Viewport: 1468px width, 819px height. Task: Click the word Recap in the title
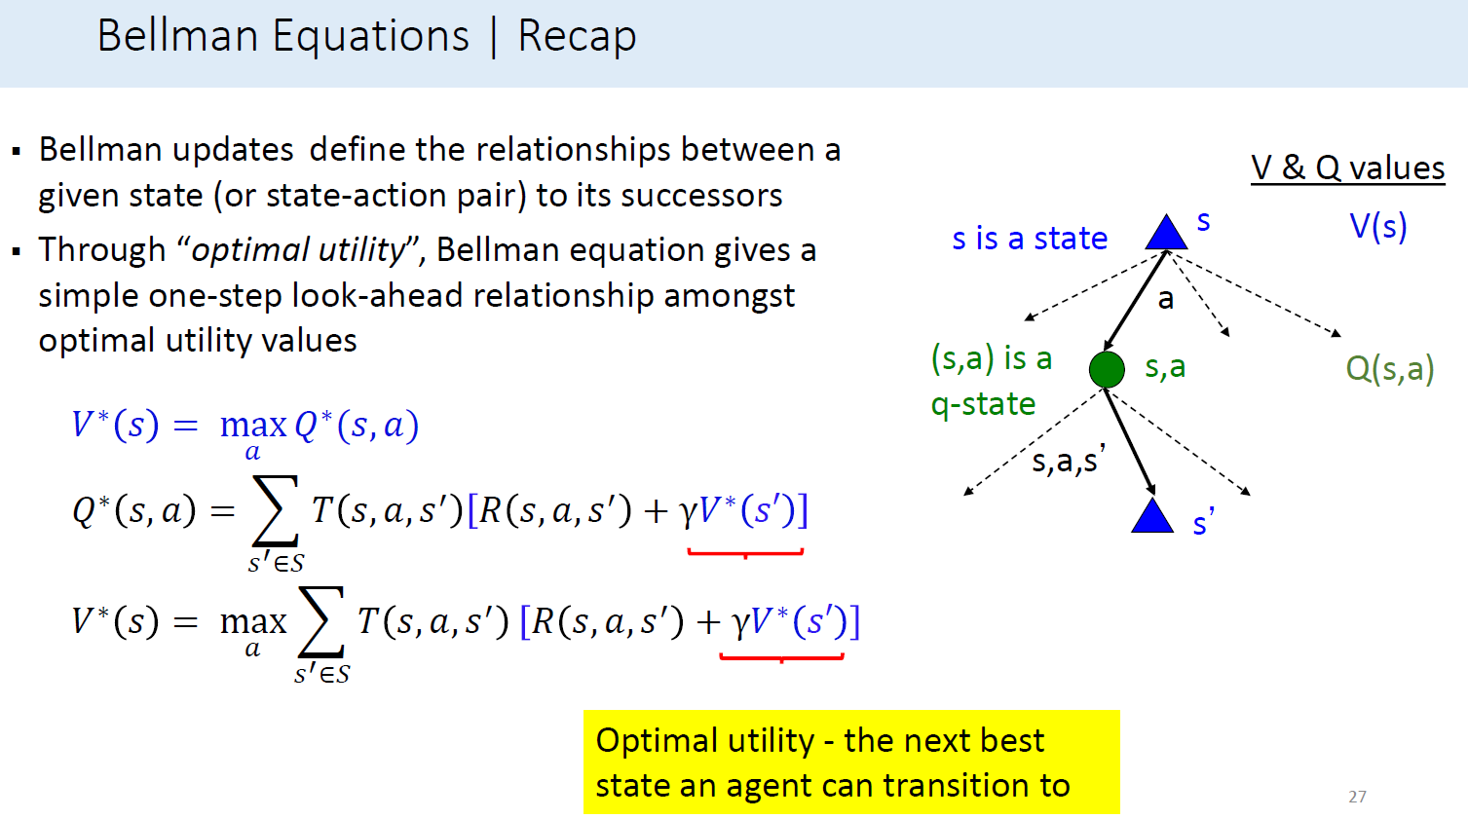(577, 37)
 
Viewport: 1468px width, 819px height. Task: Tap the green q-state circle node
(1107, 369)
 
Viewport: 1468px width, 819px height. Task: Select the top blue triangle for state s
(1166, 235)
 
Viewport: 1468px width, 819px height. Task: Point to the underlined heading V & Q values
(1347, 168)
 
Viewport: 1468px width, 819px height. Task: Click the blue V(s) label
(1377, 227)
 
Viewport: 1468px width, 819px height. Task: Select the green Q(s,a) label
(1389, 369)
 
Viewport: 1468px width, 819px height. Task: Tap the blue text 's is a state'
(1030, 239)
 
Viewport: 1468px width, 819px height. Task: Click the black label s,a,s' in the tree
(1068, 460)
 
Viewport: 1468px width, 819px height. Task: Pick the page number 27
(1357, 797)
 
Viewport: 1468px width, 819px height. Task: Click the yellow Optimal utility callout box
(850, 762)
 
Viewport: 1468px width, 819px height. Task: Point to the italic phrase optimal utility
(298, 250)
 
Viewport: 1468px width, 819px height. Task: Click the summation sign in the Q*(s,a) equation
(275, 511)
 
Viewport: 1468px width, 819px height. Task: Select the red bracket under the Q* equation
(745, 553)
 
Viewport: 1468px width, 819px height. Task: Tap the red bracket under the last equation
(781, 658)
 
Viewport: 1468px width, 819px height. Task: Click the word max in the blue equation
(253, 426)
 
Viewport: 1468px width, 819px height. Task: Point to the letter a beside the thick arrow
(1165, 300)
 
